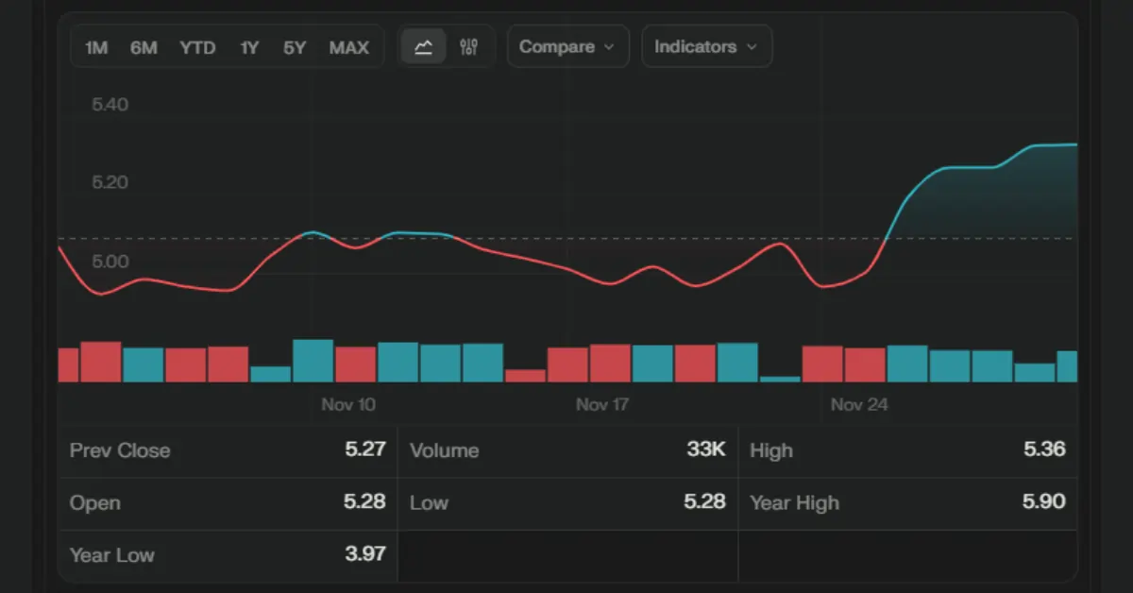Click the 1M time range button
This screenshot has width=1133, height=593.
click(96, 47)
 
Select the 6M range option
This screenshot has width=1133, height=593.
click(144, 47)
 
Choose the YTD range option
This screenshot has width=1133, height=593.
click(197, 47)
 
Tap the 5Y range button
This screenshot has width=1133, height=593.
click(295, 47)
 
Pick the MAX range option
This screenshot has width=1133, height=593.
click(349, 47)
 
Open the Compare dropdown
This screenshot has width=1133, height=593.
click(567, 46)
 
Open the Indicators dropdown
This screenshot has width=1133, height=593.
click(706, 46)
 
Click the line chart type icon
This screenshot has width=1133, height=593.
click(424, 46)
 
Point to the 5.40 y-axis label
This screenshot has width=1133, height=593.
click(110, 104)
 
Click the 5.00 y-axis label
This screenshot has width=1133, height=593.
click(110, 261)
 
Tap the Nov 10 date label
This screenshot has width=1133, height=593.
click(348, 405)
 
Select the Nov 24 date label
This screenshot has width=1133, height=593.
click(859, 405)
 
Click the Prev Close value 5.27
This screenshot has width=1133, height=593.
click(365, 449)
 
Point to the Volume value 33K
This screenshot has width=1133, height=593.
click(706, 449)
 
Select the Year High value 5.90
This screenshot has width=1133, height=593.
click(1044, 502)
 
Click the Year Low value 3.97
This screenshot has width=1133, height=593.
click(365, 553)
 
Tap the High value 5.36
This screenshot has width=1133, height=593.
click(1044, 449)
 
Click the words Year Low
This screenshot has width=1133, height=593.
click(111, 554)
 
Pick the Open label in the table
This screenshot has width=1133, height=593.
click(94, 502)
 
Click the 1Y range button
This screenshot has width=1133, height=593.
click(249, 47)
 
